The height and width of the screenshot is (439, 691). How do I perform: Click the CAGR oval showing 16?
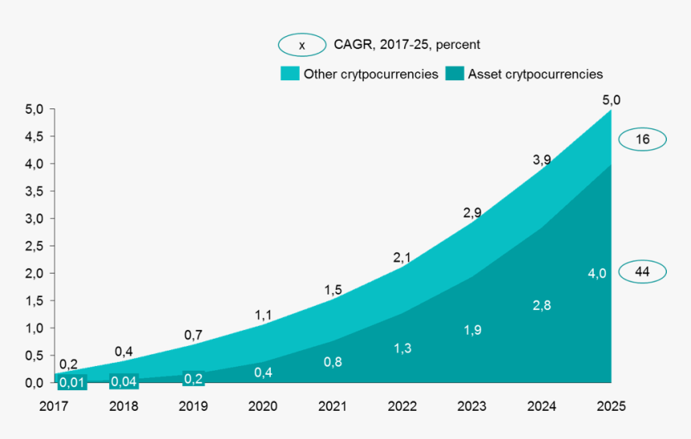click(642, 140)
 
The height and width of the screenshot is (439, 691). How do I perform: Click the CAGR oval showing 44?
click(642, 272)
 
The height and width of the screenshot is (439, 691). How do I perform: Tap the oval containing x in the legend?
click(301, 46)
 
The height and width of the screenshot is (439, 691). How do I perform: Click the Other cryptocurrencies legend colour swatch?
click(289, 74)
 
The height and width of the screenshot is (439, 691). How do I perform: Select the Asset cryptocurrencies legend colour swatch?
click(455, 74)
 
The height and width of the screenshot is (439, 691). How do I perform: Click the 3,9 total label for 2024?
click(542, 160)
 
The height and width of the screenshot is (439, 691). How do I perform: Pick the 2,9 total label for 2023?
click(472, 213)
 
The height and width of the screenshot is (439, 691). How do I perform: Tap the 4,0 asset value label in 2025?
click(597, 274)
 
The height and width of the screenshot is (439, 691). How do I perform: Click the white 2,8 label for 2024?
click(542, 305)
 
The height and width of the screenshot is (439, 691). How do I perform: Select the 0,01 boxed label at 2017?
click(72, 381)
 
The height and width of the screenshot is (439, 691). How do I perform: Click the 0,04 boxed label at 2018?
click(124, 381)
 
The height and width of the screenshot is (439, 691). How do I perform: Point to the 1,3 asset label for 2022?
click(403, 348)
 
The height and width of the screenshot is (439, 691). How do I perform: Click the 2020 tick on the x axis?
click(263, 406)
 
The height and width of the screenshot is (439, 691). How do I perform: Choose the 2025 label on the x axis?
click(611, 406)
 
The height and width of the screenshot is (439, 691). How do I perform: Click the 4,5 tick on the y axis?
click(35, 136)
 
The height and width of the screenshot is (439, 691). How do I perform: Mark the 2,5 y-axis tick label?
click(35, 246)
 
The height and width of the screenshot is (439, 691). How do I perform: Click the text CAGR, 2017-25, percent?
click(407, 45)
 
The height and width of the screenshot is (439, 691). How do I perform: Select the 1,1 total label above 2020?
click(264, 315)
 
